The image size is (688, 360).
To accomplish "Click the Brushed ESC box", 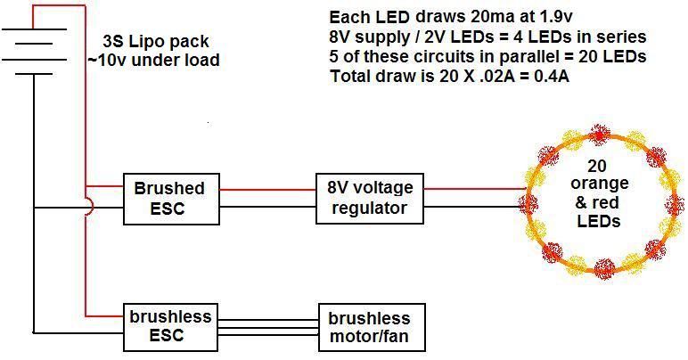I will click(170, 199).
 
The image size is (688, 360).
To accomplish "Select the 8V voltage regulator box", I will click(369, 198).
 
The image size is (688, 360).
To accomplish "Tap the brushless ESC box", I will click(170, 327).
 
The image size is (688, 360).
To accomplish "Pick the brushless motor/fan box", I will click(369, 328).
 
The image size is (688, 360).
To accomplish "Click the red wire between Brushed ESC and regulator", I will click(267, 189).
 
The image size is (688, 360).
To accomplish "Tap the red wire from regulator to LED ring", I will click(472, 189).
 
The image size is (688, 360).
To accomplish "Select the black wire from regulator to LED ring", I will click(472, 209).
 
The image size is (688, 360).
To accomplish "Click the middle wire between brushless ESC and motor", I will click(267, 327).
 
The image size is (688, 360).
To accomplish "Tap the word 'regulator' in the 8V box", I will click(368, 209).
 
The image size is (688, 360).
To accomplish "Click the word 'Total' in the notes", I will click(349, 76).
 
